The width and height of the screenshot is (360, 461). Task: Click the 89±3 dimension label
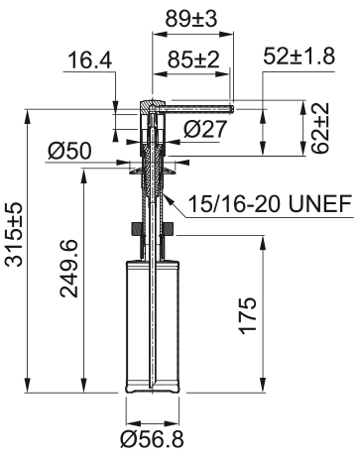click(191, 19)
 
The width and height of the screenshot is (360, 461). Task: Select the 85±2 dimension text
click(193, 59)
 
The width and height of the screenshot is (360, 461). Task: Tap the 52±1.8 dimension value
click(300, 56)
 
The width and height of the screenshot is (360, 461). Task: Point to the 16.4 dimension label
click(90, 60)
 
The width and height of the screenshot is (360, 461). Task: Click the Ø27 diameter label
click(205, 129)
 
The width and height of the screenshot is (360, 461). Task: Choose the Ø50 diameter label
click(69, 151)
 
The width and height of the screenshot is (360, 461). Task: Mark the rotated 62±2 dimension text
click(320, 128)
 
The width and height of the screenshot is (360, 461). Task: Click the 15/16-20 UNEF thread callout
click(270, 203)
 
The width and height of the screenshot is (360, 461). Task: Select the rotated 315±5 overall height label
click(14, 234)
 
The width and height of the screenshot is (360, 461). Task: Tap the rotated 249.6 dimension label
click(68, 269)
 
